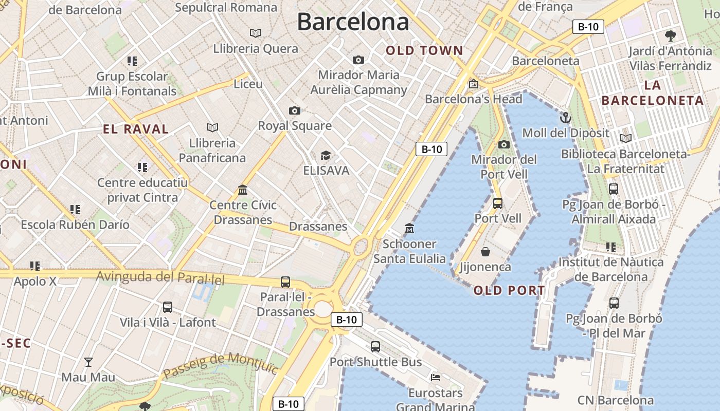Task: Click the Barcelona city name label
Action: pyautogui.click(x=353, y=22)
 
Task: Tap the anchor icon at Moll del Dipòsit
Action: pyautogui.click(x=565, y=118)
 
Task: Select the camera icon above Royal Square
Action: pyautogui.click(x=294, y=110)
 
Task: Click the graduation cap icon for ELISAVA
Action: pyautogui.click(x=326, y=155)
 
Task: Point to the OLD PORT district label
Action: pyautogui.click(x=509, y=291)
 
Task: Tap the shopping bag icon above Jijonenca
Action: pyautogui.click(x=485, y=252)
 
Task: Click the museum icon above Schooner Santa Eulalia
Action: pyautogui.click(x=409, y=228)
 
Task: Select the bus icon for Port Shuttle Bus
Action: pyautogui.click(x=375, y=347)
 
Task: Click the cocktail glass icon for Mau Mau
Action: pyautogui.click(x=88, y=362)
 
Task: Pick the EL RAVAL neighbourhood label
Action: pyautogui.click(x=136, y=129)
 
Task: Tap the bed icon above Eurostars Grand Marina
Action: pyautogui.click(x=436, y=378)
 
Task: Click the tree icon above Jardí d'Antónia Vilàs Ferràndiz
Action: pyautogui.click(x=670, y=36)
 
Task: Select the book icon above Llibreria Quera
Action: pyautogui.click(x=256, y=33)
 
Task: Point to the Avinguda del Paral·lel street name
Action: pyautogui.click(x=161, y=277)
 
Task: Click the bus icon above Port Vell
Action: pyautogui.click(x=497, y=203)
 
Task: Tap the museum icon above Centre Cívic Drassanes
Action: pyautogui.click(x=243, y=190)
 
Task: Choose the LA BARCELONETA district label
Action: pyautogui.click(x=652, y=93)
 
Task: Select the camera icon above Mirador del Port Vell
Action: pyautogui.click(x=504, y=144)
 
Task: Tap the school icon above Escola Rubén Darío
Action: pyautogui.click(x=75, y=210)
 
